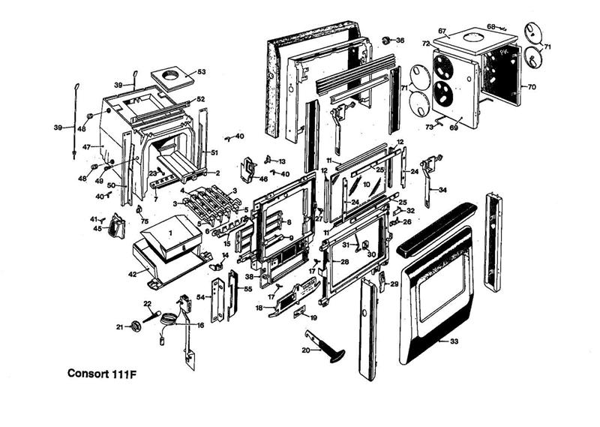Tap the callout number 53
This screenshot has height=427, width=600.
point(201,72)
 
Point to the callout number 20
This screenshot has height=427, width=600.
point(305,350)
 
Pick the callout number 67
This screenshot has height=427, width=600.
point(442,32)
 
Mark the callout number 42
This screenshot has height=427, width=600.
point(132,275)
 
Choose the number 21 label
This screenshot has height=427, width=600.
point(119,326)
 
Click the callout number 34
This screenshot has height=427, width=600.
point(442,190)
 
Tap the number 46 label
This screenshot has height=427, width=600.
point(263,179)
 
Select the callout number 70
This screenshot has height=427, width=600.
point(532,87)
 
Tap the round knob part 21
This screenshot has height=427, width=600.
point(136,326)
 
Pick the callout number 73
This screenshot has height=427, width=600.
point(430,128)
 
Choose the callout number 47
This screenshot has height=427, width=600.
point(86,146)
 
